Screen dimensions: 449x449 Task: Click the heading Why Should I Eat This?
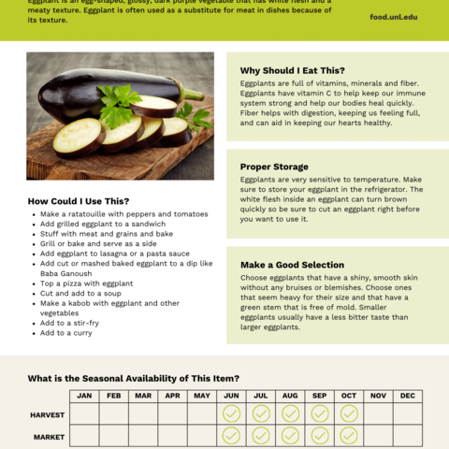coord(292,70)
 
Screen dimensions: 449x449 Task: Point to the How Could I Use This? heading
coord(79,201)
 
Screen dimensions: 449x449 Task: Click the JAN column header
coord(84,396)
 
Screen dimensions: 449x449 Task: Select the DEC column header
coord(407,396)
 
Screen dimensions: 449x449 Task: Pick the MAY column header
coord(202,396)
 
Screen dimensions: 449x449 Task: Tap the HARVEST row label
coord(48,413)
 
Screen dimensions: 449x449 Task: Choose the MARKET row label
coord(49,436)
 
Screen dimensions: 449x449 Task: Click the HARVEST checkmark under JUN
coord(231,413)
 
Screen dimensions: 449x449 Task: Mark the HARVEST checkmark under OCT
coord(349,413)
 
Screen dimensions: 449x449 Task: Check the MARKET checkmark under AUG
coord(290,436)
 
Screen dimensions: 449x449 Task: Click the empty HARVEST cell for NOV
coord(378,413)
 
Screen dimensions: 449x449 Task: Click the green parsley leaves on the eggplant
coord(117,105)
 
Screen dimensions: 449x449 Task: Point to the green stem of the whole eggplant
coord(191,93)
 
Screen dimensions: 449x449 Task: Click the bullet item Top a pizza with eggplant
coord(86,283)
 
